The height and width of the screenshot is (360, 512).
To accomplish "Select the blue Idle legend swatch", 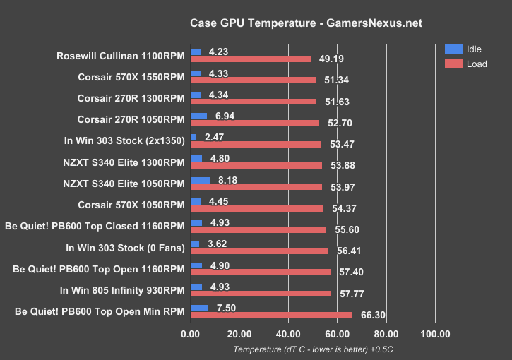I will coord(453,49).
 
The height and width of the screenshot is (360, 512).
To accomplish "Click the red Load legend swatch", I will coord(453,64).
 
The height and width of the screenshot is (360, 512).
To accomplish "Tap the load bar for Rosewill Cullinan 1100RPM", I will coord(251,59).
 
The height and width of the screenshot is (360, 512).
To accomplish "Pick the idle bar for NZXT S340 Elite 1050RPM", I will coord(201,180).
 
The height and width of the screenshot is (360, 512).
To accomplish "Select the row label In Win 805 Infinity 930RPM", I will coord(122,289).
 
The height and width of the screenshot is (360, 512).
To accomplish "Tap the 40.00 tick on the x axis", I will coord(288,333).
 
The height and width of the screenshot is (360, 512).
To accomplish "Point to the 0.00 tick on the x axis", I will coord(191,333).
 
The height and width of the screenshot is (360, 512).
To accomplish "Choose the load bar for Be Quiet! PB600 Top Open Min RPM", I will coord(271,316).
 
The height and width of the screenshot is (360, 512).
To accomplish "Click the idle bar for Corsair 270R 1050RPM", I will coord(199,116).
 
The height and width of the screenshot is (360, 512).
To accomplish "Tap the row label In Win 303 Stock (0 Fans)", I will coord(125,248).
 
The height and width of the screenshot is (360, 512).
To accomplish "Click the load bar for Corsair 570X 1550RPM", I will coord(254,80).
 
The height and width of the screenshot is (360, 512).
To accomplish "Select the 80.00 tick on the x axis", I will coord(386,333).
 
